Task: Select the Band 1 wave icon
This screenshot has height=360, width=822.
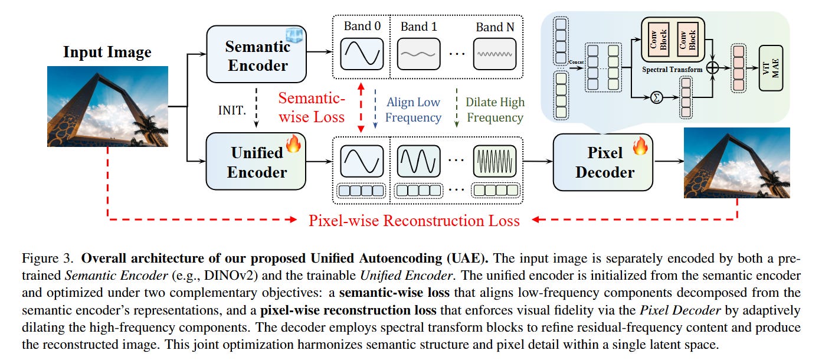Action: (x=418, y=54)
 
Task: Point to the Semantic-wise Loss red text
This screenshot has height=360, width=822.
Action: (x=311, y=107)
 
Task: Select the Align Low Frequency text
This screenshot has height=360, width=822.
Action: (x=413, y=110)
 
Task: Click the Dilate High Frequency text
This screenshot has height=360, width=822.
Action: (x=495, y=110)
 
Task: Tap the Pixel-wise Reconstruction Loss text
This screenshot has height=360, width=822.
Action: (x=414, y=221)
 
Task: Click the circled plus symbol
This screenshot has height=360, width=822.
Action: (x=713, y=68)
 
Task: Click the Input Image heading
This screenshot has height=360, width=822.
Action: (x=107, y=52)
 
